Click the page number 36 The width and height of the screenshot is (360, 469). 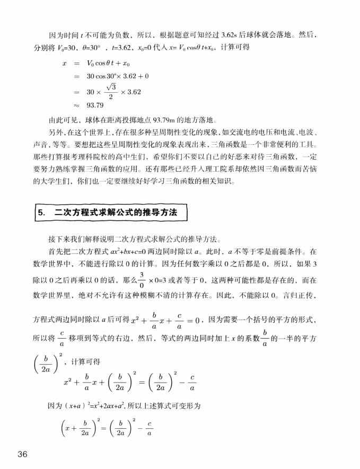pos(23,454)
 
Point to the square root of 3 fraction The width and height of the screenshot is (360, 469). pos(110,91)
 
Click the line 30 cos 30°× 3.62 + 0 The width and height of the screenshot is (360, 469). pos(118,76)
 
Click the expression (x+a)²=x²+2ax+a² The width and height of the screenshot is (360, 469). pos(86,406)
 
